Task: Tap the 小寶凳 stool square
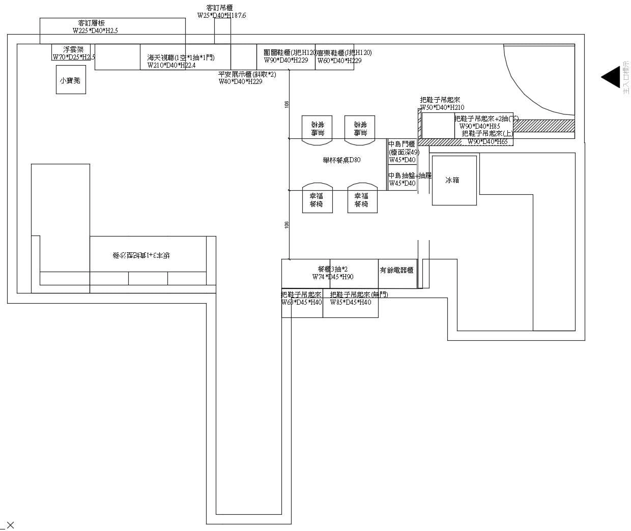[x=71, y=80]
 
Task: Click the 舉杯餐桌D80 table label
[x=341, y=160]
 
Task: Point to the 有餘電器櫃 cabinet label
[x=396, y=271]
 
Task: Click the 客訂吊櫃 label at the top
[x=220, y=8]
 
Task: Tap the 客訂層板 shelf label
[x=92, y=23]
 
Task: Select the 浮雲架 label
[x=73, y=49]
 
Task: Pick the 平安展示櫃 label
[x=247, y=74]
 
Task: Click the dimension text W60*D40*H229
[x=339, y=61]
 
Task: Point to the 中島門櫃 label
[x=402, y=144]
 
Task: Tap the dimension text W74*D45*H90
[x=333, y=277]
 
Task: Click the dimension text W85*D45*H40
[x=351, y=302]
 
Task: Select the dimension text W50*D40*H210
[x=442, y=107]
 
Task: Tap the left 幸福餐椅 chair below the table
[x=317, y=199]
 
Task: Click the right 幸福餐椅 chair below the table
[x=361, y=199]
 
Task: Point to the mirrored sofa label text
[x=141, y=255]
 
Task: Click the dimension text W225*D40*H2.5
[x=95, y=31]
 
